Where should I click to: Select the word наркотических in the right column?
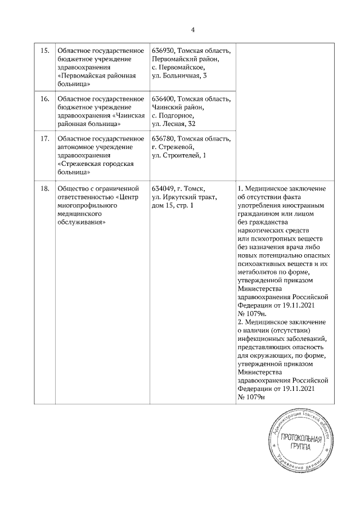[x=263, y=231]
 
